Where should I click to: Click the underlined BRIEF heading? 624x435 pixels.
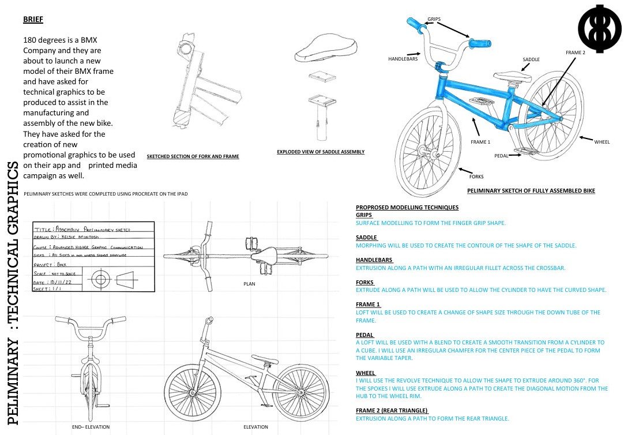[33, 20]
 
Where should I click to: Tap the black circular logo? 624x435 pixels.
[599, 27]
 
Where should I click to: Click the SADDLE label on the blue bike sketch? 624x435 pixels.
[531, 59]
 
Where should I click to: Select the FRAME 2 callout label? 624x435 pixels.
[575, 52]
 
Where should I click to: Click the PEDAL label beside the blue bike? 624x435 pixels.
[501, 156]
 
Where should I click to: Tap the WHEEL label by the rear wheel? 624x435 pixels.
[602, 142]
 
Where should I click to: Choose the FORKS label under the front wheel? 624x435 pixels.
[476, 176]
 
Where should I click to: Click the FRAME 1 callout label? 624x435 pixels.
[480, 142]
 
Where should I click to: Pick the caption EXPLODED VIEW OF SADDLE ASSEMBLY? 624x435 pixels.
[320, 152]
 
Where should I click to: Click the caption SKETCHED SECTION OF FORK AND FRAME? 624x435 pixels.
[193, 156]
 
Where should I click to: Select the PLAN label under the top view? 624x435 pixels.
[250, 284]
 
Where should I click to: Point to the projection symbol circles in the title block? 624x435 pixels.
[101, 280]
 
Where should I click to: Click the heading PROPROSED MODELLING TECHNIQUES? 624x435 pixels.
[407, 208]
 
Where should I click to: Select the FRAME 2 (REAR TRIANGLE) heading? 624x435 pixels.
[392, 410]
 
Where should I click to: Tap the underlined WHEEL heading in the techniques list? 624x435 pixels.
[366, 373]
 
